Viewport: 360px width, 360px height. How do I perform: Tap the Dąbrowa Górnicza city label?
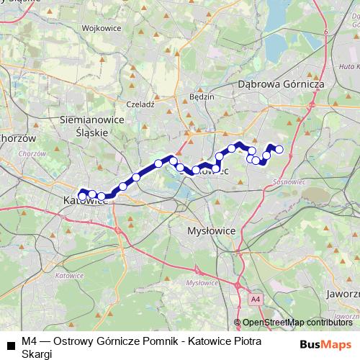click(x=282, y=84)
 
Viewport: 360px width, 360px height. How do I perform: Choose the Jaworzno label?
click(x=343, y=294)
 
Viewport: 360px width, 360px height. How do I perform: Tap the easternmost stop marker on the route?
click(x=279, y=150)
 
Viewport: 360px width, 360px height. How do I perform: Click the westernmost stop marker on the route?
click(x=83, y=196)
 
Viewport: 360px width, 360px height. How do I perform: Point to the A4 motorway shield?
click(x=255, y=297)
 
